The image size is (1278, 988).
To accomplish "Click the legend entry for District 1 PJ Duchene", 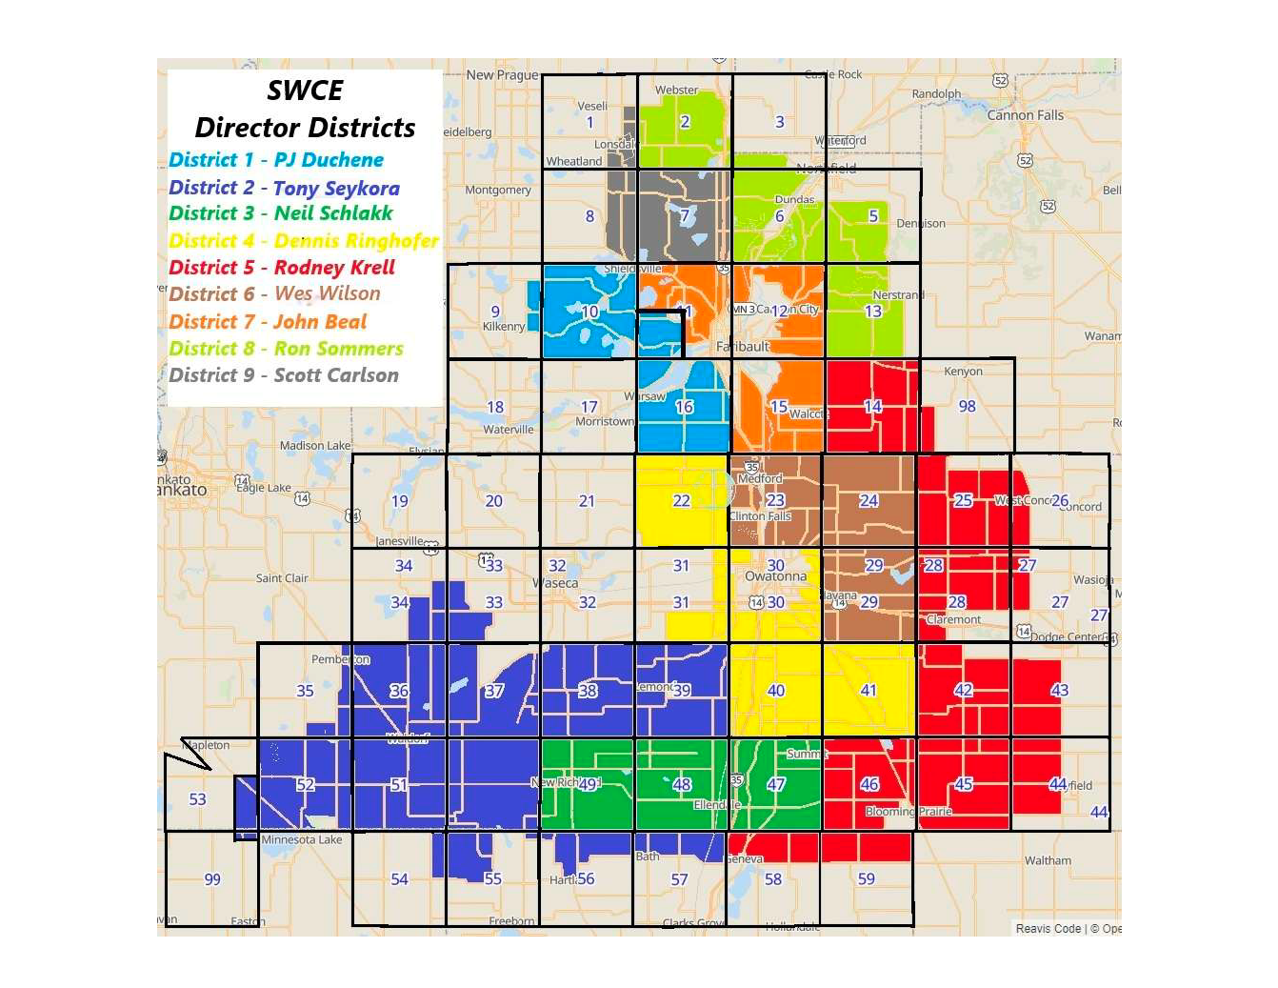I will click(276, 160).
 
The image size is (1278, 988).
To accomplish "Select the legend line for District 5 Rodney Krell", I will click(282, 268).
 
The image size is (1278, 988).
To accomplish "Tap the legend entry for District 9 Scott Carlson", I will click(284, 375).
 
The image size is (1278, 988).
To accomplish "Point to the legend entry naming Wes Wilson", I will click(274, 294).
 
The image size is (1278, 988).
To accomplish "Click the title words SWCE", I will click(305, 91).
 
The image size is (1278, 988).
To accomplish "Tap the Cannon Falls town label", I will click(1025, 115).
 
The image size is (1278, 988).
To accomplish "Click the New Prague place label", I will click(502, 75).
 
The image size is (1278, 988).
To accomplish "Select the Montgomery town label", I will click(498, 191).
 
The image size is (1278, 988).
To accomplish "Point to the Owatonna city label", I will click(775, 577).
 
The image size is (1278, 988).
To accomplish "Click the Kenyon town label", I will click(963, 372).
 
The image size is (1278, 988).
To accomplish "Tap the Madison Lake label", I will click(315, 446).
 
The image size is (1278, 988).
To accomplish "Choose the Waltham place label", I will click(1048, 861).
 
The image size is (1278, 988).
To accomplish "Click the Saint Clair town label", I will click(282, 578).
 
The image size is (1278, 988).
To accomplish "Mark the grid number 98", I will click(967, 407).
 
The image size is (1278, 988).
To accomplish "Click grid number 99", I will click(212, 879).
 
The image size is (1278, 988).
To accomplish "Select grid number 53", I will click(197, 799).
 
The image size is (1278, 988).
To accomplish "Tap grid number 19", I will click(400, 501).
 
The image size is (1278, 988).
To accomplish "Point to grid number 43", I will click(1059, 691).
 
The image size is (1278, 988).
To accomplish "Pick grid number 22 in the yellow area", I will click(682, 501).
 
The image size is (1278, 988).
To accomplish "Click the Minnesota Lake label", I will click(301, 840).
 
